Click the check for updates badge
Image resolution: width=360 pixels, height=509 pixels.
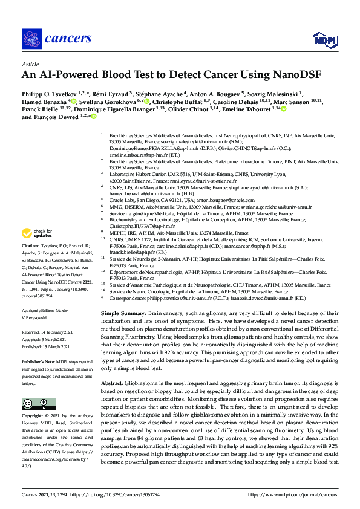pyautogui.click(x=37, y=233)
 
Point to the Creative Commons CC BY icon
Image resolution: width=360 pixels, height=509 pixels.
pyautogui.click(x=35, y=404)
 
